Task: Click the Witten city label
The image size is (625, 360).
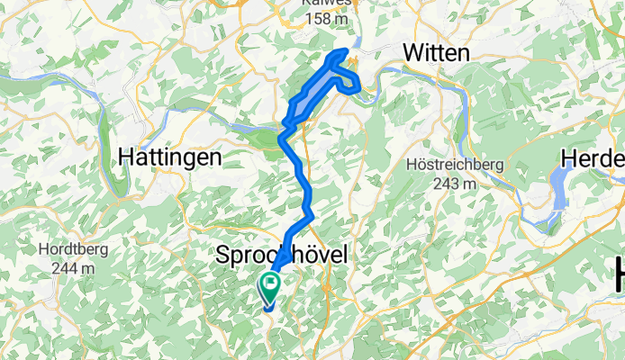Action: (437, 53)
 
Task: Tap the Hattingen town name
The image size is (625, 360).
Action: (170, 157)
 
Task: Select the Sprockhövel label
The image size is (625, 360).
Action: (282, 256)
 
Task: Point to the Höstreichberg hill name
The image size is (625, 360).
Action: (453, 165)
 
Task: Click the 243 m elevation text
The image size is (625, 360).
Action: (453, 184)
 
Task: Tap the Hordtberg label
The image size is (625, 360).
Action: (70, 249)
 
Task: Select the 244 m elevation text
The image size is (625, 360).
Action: (70, 267)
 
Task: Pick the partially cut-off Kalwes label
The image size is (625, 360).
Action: (328, 3)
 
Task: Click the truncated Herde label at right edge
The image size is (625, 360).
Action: (593, 158)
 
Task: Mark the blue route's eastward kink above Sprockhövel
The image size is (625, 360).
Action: (311, 215)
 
